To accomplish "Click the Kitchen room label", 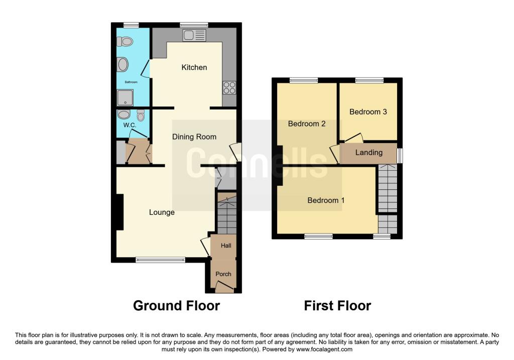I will [194, 67].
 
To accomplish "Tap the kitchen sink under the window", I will [195, 35].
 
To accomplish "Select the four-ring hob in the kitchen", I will [229, 88].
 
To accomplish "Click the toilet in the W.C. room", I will [141, 115].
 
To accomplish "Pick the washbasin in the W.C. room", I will [124, 114].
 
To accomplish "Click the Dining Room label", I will [194, 137].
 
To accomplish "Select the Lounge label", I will [162, 212].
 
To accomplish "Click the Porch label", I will [223, 274].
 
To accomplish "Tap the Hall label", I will [226, 246].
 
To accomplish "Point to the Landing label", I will [369, 153].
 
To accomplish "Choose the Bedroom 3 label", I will [368, 112].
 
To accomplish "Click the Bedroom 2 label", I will [307, 124].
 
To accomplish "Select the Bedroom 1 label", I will [326, 200].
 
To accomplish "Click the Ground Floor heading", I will [176, 305].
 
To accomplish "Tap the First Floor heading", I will [337, 305].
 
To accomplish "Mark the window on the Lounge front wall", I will [161, 260].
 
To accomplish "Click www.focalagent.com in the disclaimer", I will [324, 349].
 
